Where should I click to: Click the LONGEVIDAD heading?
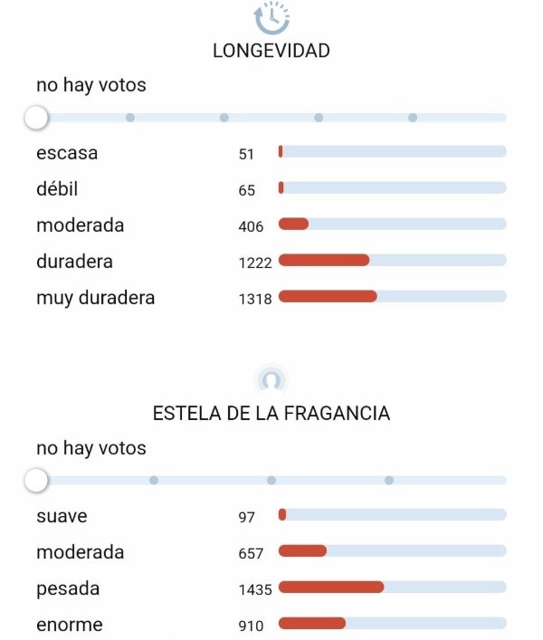coord(271,51)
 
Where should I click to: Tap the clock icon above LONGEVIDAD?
coord(271,17)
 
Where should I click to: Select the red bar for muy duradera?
coord(328,296)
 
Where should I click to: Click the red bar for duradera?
coord(324,260)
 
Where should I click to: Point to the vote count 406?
coord(251,226)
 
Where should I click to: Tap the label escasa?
coord(67,153)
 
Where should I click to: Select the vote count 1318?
coord(255,299)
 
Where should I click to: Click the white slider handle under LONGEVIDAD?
coord(36,118)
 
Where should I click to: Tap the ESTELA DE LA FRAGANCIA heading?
coord(271,414)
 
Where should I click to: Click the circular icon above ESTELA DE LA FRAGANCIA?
coord(271,379)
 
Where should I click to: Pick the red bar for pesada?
coord(331,587)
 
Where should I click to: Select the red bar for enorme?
coord(312,623)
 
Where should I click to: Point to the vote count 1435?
coord(255,589)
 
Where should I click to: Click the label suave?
coord(61,516)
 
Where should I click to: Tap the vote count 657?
coord(251,553)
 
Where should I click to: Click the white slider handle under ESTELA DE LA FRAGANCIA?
coord(36,481)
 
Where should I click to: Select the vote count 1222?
coord(255,263)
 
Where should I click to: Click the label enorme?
coord(70,625)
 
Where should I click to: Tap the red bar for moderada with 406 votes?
coord(293,224)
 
